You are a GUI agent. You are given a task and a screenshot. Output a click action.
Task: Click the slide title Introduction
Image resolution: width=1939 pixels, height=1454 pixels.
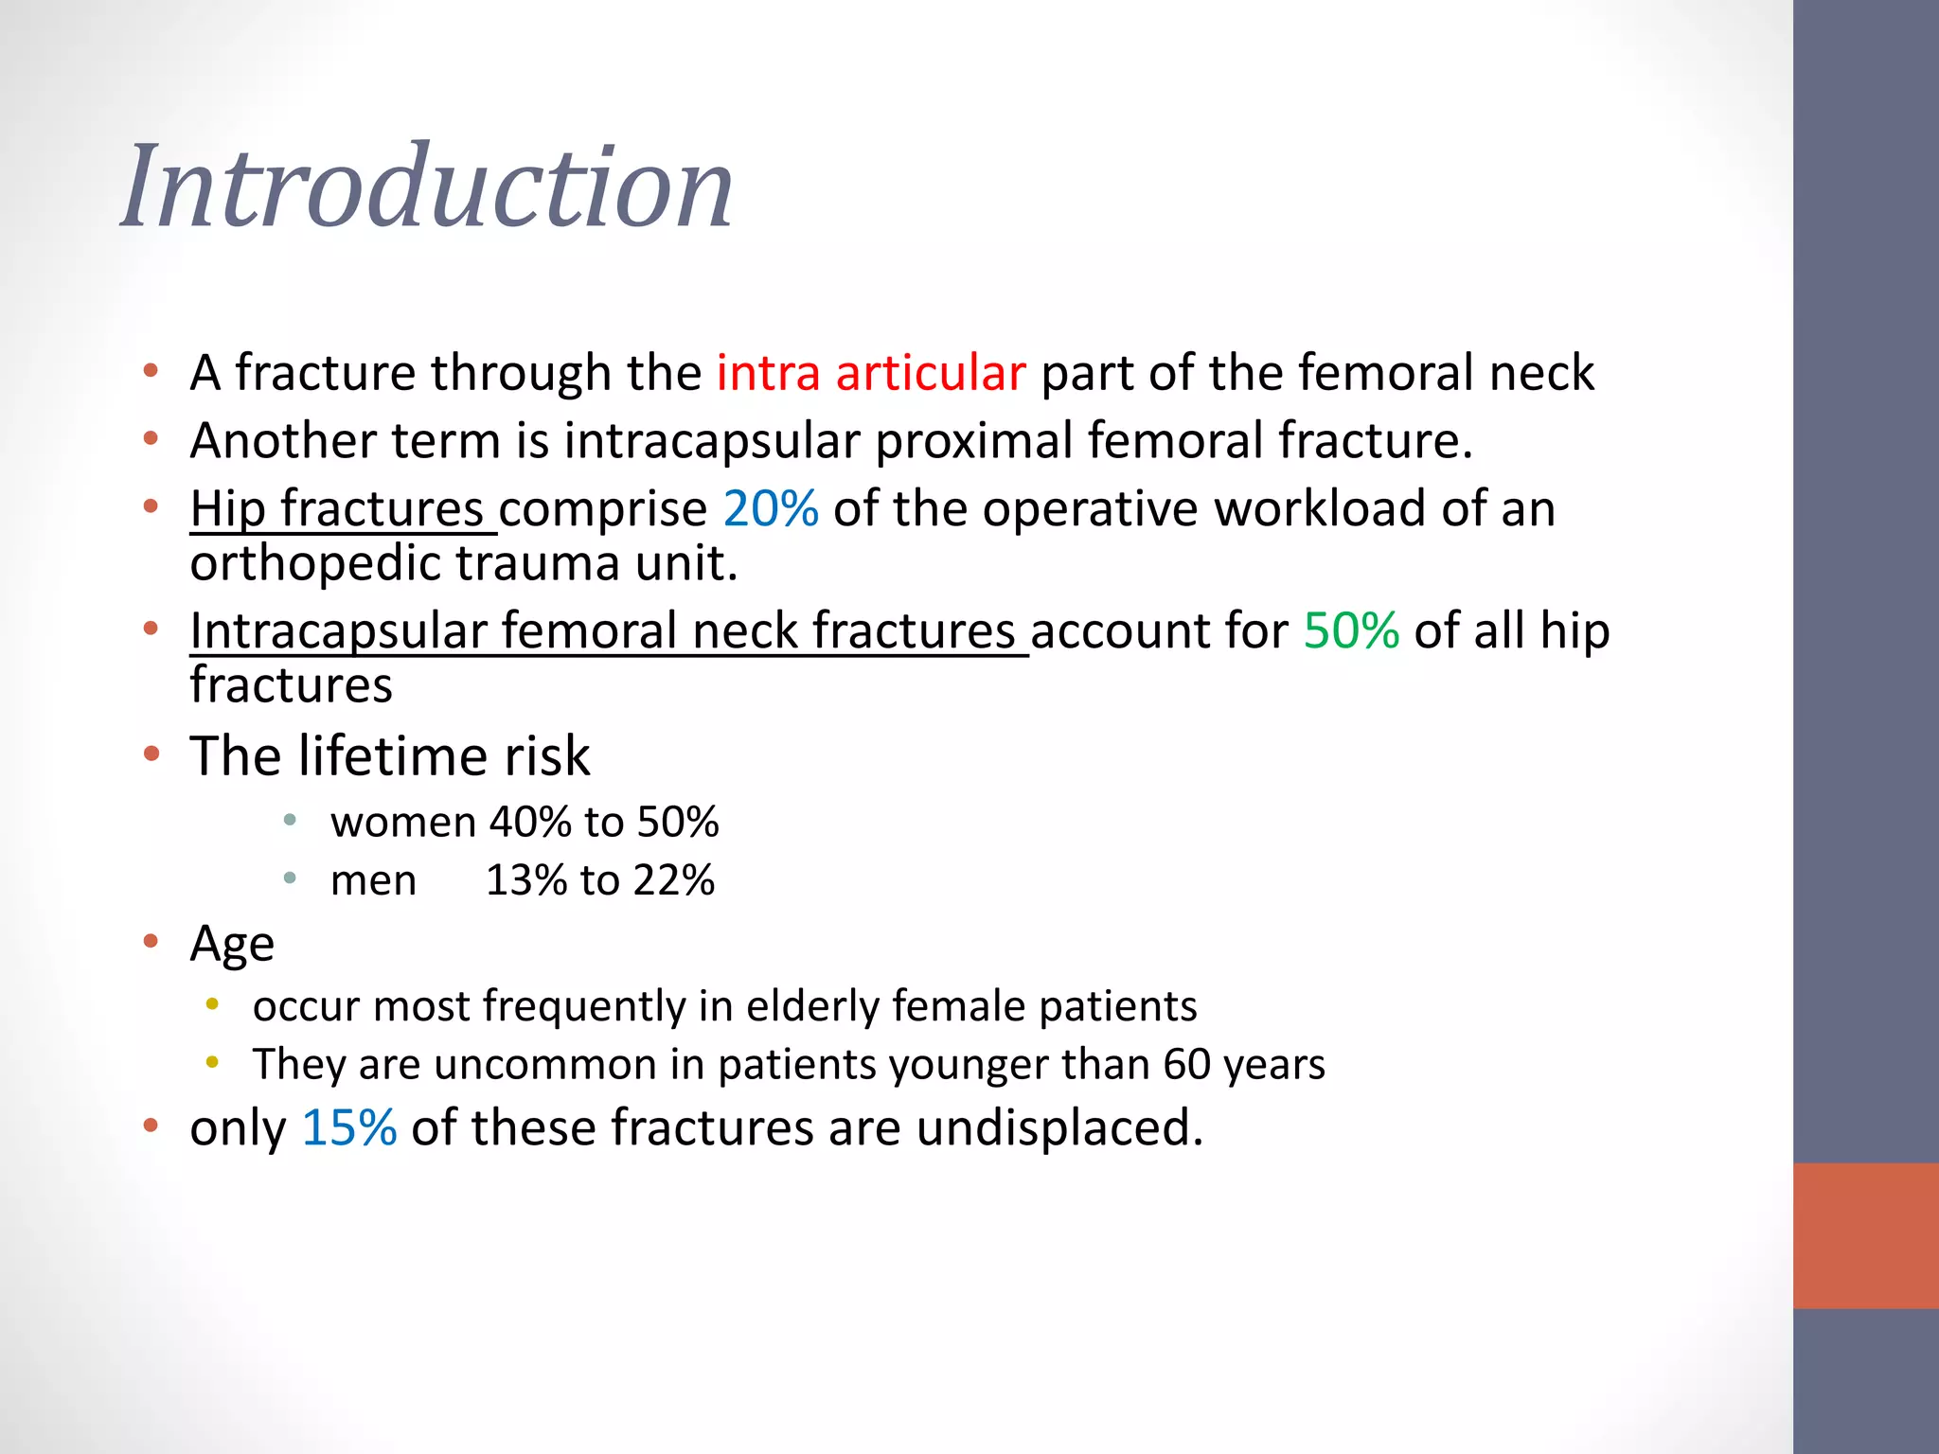tap(427, 186)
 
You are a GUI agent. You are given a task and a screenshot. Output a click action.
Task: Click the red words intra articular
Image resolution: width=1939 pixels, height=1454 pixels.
tap(870, 373)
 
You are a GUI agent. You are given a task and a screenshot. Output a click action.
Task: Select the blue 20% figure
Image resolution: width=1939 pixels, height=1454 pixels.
tap(771, 509)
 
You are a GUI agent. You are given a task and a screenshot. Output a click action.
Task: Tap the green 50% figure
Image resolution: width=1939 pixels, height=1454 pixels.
tap(1351, 630)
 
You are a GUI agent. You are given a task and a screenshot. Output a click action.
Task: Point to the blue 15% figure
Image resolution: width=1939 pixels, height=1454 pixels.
tap(348, 1128)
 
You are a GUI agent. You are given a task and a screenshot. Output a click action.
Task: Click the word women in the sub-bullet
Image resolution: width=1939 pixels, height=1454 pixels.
tap(402, 822)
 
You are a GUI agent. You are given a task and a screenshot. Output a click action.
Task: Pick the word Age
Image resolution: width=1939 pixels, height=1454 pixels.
tap(232, 944)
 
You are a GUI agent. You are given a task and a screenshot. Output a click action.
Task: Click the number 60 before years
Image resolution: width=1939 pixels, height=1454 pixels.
tap(1186, 1064)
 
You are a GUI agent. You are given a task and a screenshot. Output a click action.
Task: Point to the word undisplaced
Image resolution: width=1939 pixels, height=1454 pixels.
tap(1058, 1128)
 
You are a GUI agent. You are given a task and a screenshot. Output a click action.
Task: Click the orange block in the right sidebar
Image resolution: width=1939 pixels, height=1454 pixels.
tap(1865, 1235)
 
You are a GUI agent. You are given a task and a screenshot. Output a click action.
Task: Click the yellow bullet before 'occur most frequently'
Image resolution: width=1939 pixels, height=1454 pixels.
tap(213, 1003)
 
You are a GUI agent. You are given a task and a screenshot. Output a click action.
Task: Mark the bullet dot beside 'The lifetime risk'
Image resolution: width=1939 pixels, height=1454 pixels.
tap(151, 754)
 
